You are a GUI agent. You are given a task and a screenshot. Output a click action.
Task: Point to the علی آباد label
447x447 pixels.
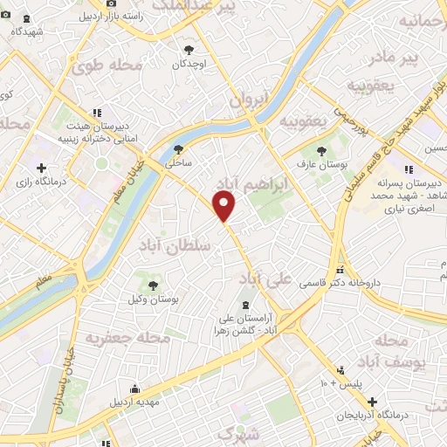click(268, 279)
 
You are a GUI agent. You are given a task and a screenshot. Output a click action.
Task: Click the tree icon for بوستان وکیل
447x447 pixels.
click(155, 285)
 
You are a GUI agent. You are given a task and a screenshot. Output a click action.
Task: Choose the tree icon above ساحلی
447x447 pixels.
click(178, 149)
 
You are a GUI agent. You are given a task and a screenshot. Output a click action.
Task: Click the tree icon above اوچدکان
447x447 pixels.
click(189, 50)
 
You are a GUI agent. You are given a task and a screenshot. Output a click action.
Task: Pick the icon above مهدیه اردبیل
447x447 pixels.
click(134, 389)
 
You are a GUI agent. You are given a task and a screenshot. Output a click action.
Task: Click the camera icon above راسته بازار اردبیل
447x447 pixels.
click(110, 3)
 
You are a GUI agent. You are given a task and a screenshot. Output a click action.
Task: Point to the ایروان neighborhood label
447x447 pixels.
click(248, 101)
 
